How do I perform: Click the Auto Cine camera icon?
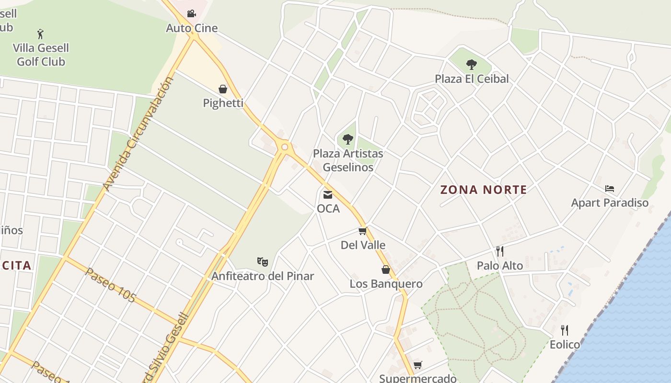pyautogui.click(x=191, y=13)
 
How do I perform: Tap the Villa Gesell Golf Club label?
pyautogui.click(x=41, y=55)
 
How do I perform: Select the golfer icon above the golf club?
pyautogui.click(x=40, y=34)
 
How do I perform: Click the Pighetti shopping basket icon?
pyautogui.click(x=223, y=89)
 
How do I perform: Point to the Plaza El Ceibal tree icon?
pyautogui.click(x=472, y=64)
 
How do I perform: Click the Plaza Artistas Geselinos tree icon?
pyautogui.click(x=348, y=139)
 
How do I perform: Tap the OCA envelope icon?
pyautogui.click(x=328, y=194)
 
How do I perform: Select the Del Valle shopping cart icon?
pyautogui.click(x=363, y=231)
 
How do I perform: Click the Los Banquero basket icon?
pyautogui.click(x=386, y=270)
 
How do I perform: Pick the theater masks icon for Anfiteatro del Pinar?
pyautogui.click(x=262, y=261)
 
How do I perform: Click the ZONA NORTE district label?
pyautogui.click(x=484, y=190)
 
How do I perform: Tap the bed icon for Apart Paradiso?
pyautogui.click(x=610, y=189)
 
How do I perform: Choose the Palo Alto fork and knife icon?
pyautogui.click(x=499, y=251)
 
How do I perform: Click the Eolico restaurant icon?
pyautogui.click(x=565, y=330)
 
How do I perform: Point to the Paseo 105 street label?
pyautogui.click(x=110, y=285)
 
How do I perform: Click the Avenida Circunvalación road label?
pyautogui.click(x=138, y=134)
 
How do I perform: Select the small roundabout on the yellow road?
pyautogui.click(x=285, y=147)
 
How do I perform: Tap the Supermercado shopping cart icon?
pyautogui.click(x=418, y=365)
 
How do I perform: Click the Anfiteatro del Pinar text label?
pyautogui.click(x=263, y=276)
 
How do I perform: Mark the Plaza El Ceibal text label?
pyautogui.click(x=472, y=79)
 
